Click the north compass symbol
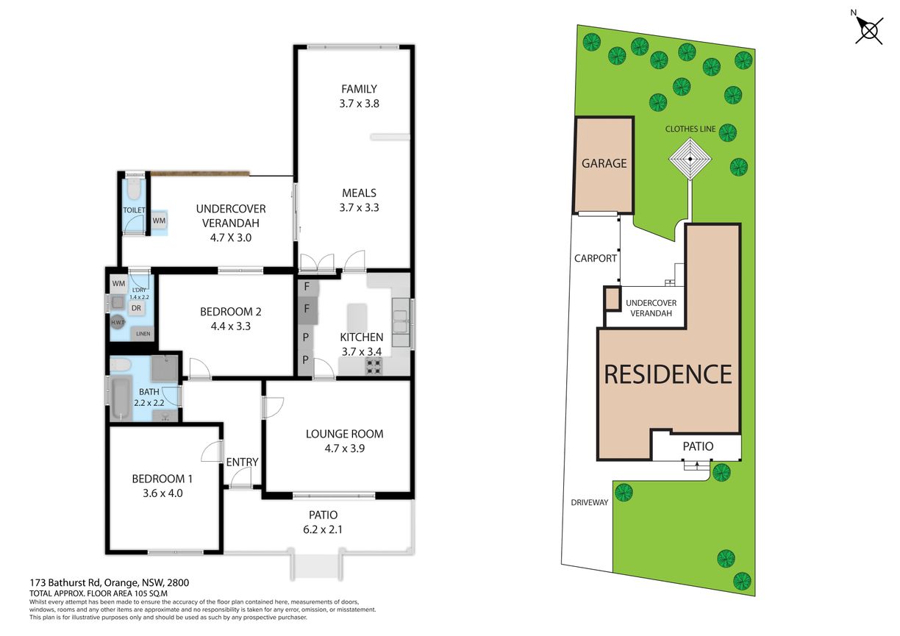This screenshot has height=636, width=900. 868,30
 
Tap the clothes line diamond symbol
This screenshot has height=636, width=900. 690,159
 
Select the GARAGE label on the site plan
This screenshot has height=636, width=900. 604,163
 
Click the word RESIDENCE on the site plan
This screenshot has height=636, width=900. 668,374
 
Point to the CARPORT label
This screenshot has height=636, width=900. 595,258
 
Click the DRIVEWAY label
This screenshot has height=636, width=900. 590,502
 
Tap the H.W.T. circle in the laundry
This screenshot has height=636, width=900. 118,322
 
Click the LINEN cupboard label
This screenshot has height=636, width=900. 143,334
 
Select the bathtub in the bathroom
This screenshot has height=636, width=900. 121,397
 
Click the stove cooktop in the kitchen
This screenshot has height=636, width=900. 374,365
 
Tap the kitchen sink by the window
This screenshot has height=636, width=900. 401,322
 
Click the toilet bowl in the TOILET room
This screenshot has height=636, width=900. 133,189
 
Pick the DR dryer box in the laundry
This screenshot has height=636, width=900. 136,308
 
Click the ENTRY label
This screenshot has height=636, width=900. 242,462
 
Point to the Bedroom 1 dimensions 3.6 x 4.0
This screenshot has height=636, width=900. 162,493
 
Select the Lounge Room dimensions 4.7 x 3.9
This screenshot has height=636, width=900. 345,449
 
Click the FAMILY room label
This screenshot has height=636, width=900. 360,89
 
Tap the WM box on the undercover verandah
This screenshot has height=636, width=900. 159,221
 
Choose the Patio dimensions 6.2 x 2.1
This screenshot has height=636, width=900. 323,529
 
